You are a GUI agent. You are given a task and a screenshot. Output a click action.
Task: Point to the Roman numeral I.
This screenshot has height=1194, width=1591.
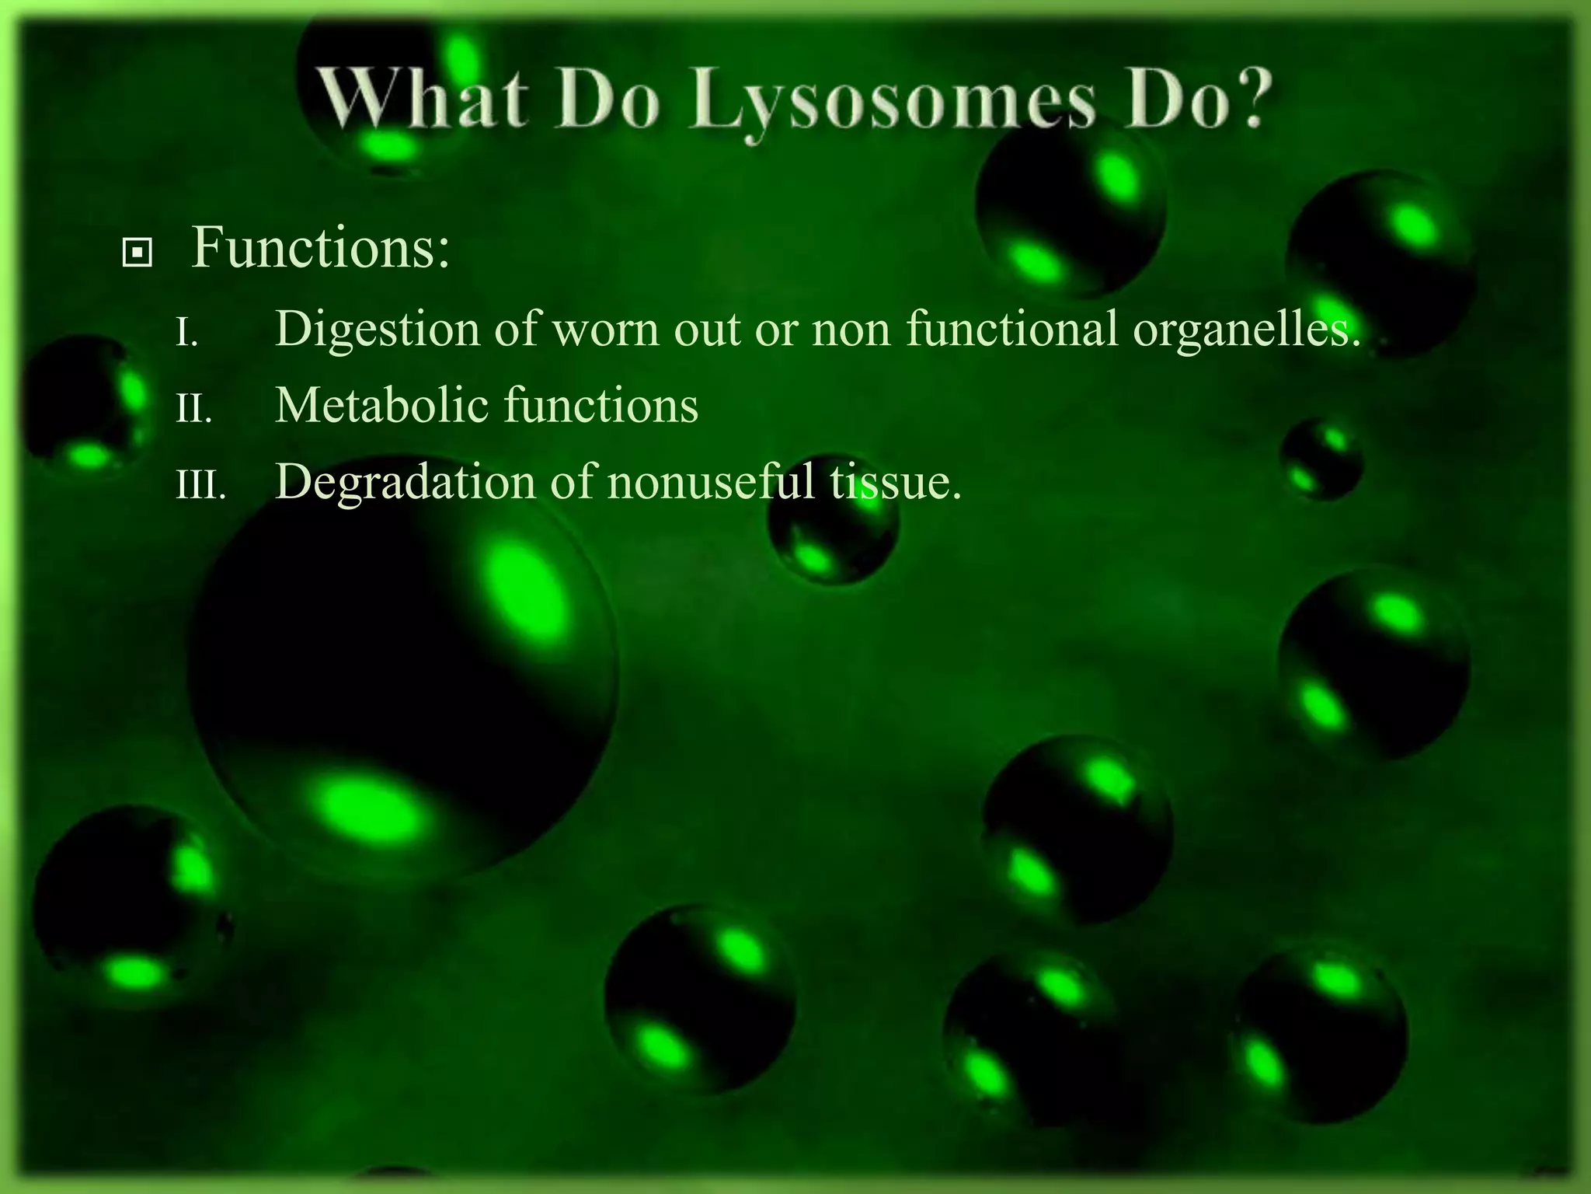point(186,333)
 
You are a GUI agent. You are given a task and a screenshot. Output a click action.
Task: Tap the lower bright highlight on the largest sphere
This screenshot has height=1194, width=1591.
point(365,808)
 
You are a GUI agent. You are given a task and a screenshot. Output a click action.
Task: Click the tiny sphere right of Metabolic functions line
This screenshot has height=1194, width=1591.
point(1321,459)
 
